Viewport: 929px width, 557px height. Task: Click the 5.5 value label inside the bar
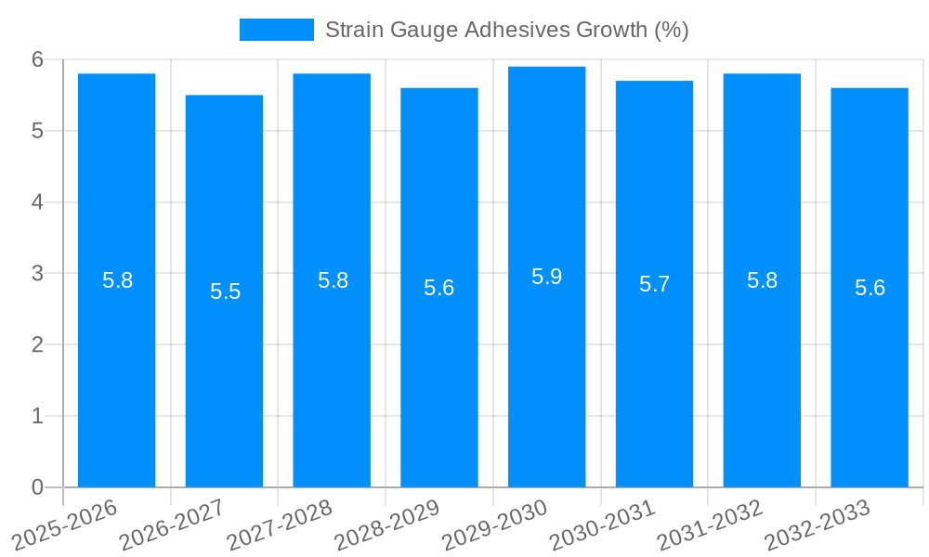pyautogui.click(x=225, y=291)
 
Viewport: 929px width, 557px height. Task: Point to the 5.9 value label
pyautogui.click(x=546, y=277)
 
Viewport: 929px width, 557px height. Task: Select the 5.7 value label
pyautogui.click(x=654, y=284)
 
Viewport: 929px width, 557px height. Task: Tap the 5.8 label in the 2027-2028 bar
pyautogui.click(x=333, y=280)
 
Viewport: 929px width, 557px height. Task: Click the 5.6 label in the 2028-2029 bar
pyautogui.click(x=438, y=288)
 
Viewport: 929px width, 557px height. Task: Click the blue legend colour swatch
pyautogui.click(x=276, y=30)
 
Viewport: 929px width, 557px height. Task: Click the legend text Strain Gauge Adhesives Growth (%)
pyautogui.click(x=506, y=30)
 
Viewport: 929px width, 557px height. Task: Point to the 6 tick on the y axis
pyautogui.click(x=37, y=59)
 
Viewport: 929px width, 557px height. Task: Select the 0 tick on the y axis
pyautogui.click(x=37, y=487)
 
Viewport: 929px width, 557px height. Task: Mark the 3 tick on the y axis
pyautogui.click(x=37, y=274)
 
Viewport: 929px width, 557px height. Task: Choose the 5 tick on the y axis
pyautogui.click(x=37, y=131)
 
